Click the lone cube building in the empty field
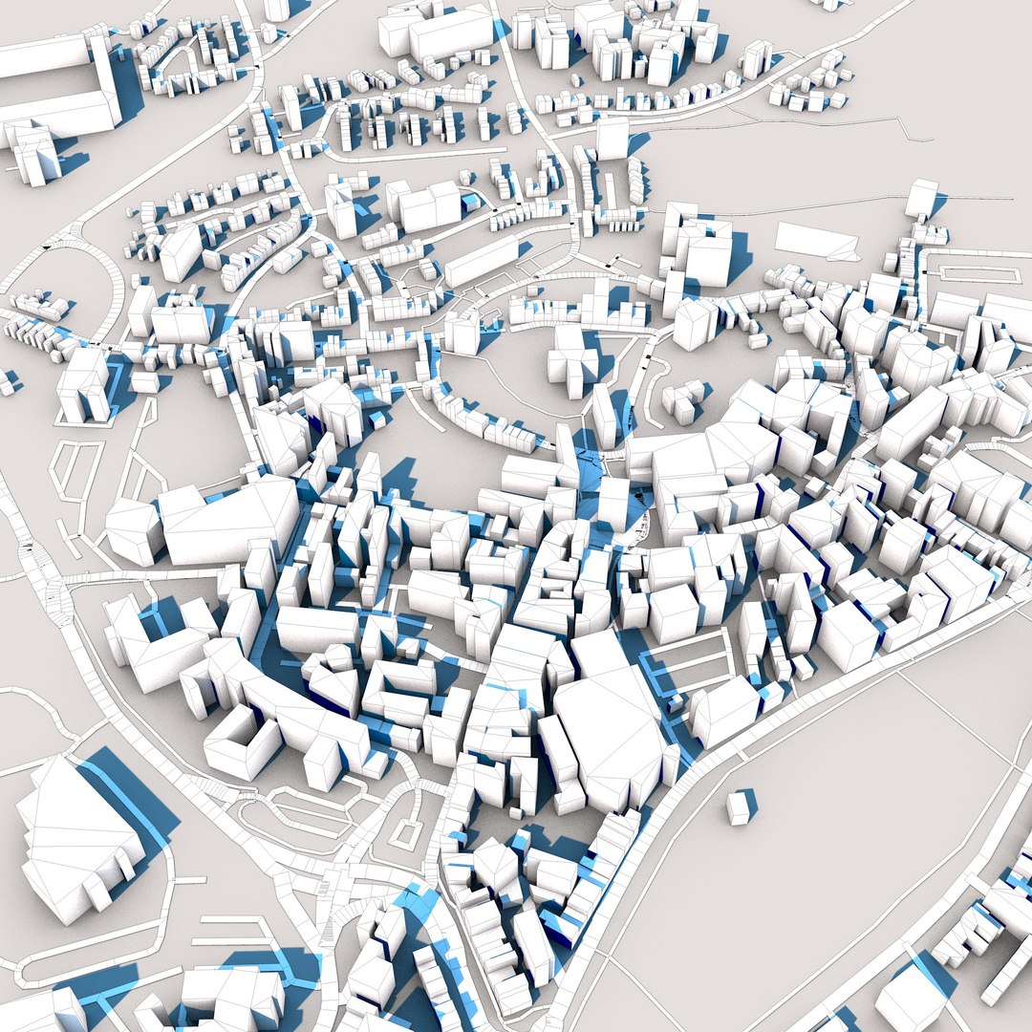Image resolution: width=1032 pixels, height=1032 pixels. tap(738, 807)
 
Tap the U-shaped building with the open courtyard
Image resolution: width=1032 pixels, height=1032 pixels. tap(239, 742)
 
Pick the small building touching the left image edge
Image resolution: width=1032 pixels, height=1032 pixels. tap(8, 382)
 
